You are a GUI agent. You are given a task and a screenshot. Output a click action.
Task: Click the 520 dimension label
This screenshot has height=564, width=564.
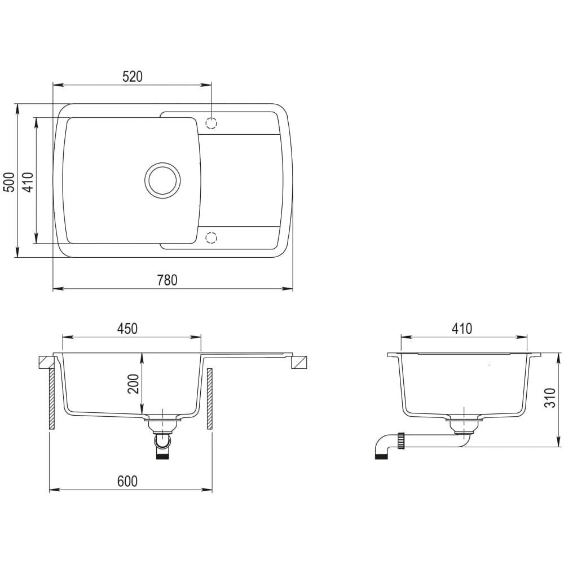click(x=133, y=77)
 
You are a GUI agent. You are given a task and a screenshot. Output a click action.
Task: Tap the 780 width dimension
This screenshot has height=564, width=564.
click(x=168, y=280)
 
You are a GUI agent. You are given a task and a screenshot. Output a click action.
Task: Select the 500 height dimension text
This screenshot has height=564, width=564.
click(x=10, y=182)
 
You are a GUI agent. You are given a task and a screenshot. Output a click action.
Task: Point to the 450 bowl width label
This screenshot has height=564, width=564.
click(x=127, y=329)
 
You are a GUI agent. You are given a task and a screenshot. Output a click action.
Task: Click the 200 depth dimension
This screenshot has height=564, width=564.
click(x=134, y=384)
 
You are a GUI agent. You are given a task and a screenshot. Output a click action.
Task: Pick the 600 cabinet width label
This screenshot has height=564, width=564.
click(x=127, y=481)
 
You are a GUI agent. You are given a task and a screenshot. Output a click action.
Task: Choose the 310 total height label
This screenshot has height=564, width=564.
click(x=550, y=398)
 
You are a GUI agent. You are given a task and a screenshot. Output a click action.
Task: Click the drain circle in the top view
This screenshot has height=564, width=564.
click(x=162, y=179)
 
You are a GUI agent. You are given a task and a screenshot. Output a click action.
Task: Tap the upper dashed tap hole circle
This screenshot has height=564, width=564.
click(x=211, y=123)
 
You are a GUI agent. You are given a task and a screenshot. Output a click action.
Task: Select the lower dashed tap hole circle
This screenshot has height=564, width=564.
click(x=211, y=237)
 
